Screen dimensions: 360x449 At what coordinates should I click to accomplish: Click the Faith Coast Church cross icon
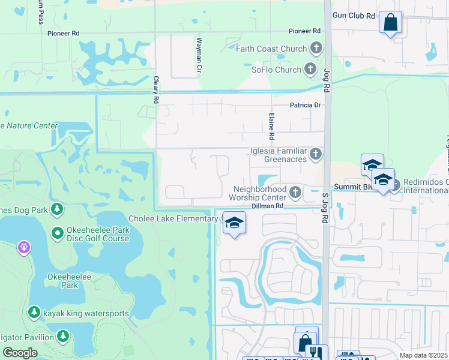click(x=316, y=49)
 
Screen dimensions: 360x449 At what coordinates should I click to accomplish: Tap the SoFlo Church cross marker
click(x=310, y=70)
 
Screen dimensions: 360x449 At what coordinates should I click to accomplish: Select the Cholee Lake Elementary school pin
click(x=234, y=223)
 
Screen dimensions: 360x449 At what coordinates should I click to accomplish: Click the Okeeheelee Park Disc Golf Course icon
click(x=57, y=232)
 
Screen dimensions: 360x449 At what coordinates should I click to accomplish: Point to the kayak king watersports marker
click(x=34, y=312)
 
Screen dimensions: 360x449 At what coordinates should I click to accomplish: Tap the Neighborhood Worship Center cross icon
click(x=295, y=193)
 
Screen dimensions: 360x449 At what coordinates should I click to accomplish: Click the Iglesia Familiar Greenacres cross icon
click(x=316, y=155)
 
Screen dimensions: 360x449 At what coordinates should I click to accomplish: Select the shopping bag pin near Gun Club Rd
click(x=390, y=23)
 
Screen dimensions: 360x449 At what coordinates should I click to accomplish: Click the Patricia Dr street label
click(x=306, y=105)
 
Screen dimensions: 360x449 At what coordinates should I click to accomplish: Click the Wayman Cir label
click(x=198, y=56)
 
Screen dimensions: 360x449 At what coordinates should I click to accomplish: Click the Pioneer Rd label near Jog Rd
click(x=304, y=31)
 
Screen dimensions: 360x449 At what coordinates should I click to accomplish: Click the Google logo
click(x=20, y=353)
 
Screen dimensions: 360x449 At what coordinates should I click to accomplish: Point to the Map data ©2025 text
click(x=424, y=355)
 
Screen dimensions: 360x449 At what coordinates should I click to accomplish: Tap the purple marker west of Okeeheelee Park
click(x=23, y=246)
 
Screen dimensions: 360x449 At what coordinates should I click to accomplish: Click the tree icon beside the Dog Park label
click(x=57, y=209)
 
